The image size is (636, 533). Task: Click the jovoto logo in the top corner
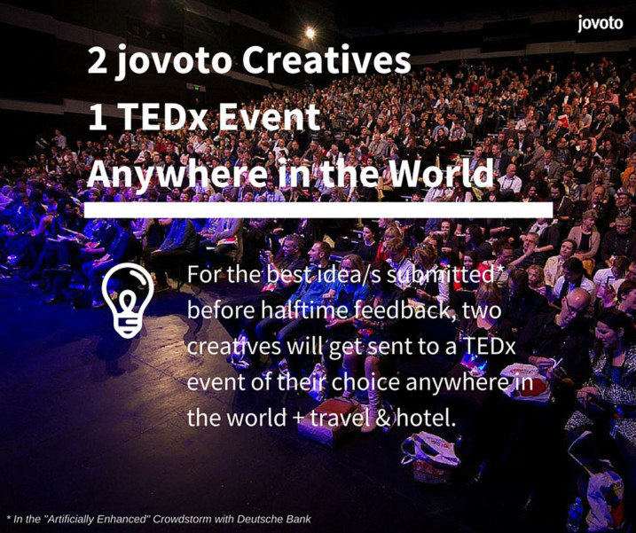point(600,23)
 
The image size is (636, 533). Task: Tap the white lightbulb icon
point(128,300)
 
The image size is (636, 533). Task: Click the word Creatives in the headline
point(326,60)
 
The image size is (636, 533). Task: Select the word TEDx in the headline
point(166,117)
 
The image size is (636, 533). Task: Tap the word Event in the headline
point(270,117)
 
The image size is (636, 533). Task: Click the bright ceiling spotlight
point(310,33)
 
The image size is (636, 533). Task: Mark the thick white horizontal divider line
point(318,210)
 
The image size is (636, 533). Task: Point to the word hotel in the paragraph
point(426,418)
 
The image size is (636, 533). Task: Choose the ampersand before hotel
point(382,419)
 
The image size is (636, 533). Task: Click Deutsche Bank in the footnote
point(274,519)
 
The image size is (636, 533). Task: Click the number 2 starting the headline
point(98,61)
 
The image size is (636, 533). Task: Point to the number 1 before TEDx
point(97,117)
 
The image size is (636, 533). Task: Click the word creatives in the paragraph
point(233,347)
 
